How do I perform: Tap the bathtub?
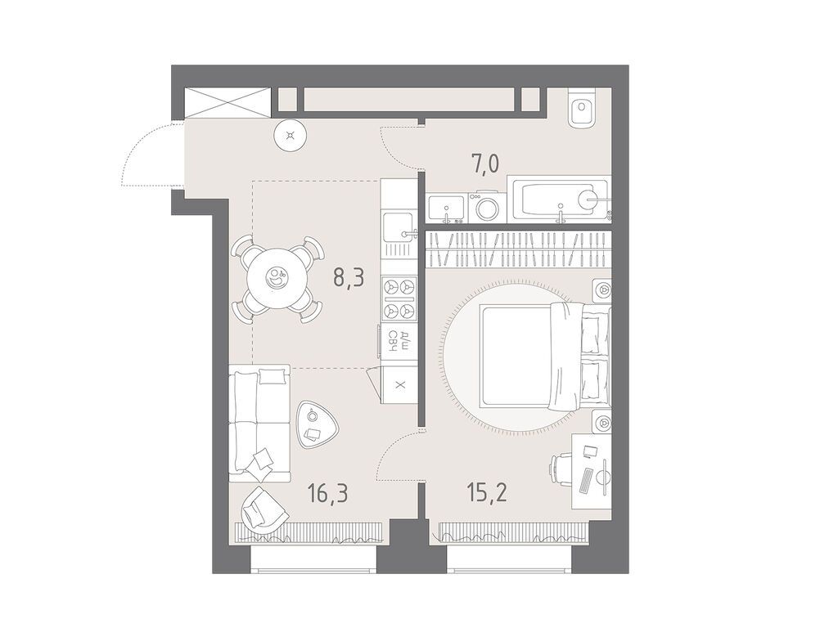coord(558,199)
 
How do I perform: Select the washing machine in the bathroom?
coord(487,207)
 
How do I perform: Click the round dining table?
coord(277,279)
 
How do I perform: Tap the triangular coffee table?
coord(314,423)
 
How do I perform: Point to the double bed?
coord(540,357)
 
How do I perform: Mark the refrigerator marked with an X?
coord(399,384)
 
